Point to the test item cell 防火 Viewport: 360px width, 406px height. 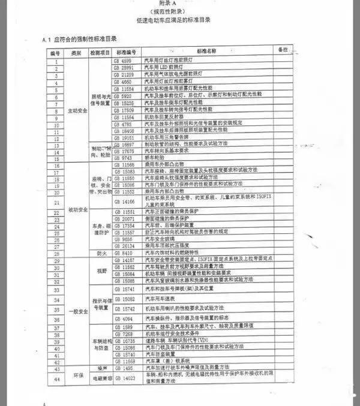point(100,253)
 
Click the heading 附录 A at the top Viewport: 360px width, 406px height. point(179,4)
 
